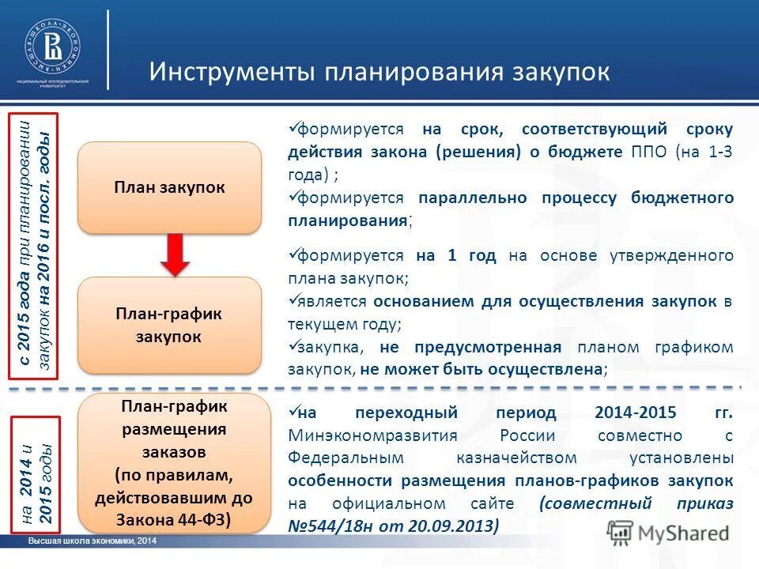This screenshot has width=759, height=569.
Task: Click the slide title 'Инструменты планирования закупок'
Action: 379,71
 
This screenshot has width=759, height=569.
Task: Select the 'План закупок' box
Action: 169,187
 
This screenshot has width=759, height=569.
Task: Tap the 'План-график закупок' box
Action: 169,325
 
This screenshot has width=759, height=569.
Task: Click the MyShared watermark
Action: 669,533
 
